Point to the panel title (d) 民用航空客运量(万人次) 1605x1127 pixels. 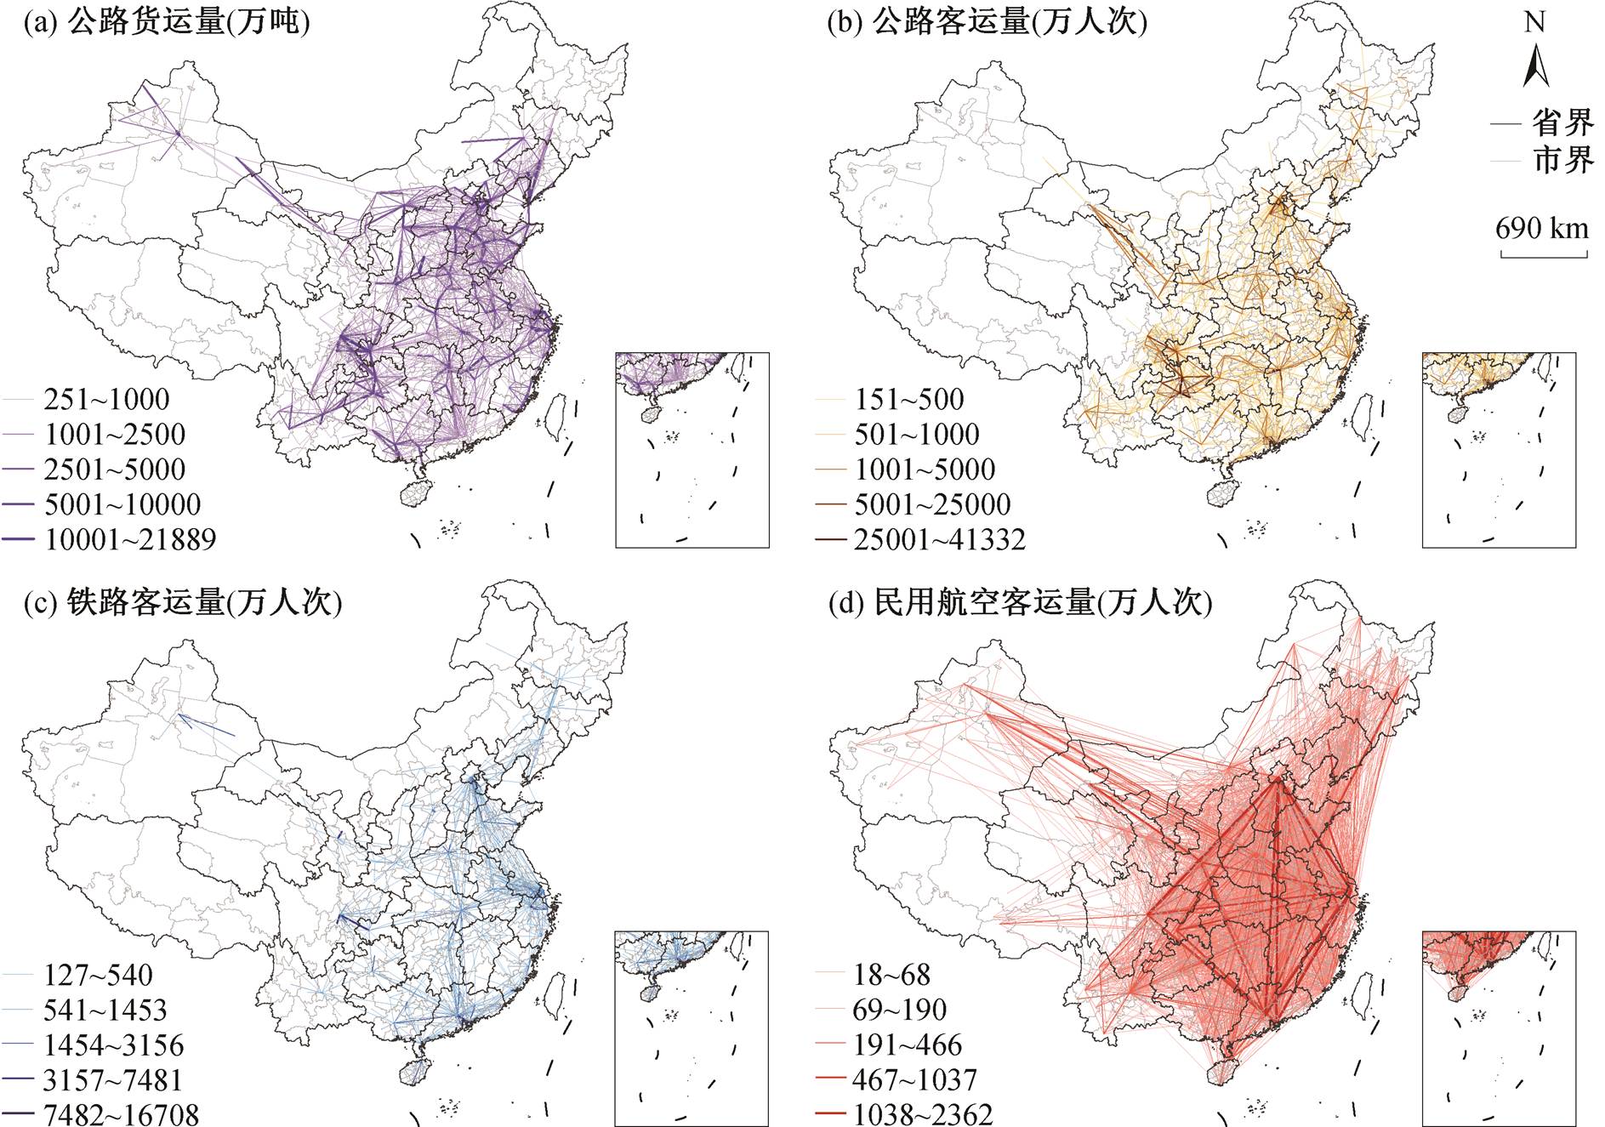point(1021,602)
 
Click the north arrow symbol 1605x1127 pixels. point(1534,67)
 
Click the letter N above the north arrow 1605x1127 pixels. point(1534,21)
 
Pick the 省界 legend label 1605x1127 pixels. point(1563,123)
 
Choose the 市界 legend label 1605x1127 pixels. point(1563,160)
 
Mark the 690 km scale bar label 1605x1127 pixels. point(1542,228)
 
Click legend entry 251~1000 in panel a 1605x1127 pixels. point(106,399)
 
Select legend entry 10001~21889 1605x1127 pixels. point(130,539)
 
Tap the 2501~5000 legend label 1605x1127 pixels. point(115,470)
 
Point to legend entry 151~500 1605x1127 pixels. point(909,399)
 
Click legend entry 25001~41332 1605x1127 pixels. point(940,539)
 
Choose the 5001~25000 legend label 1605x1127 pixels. point(933,504)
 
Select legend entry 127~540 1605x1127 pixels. point(99,975)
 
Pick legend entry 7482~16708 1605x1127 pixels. point(122,1114)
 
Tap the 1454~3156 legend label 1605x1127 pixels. point(114,1044)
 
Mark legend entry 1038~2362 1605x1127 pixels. point(923,1114)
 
